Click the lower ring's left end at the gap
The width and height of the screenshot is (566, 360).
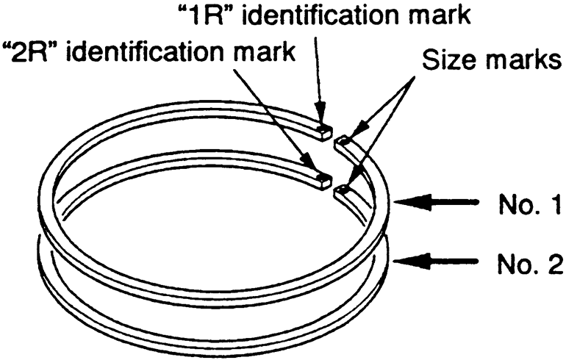coord(321,177)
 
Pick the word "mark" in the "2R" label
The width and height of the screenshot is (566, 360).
coord(249,53)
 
